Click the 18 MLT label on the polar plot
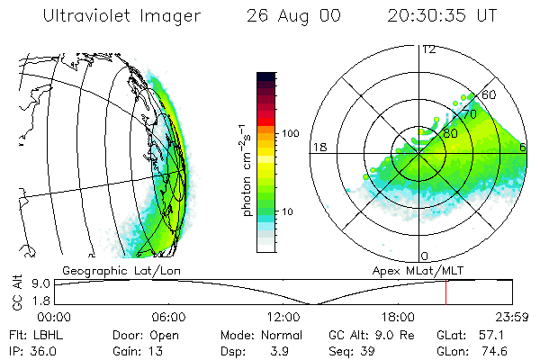tap(319, 147)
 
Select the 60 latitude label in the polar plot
tap(490, 94)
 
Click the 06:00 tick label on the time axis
tap(168, 317)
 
